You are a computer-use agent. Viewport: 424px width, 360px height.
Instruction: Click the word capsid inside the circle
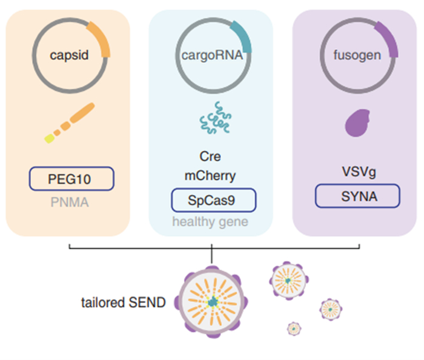point(69,56)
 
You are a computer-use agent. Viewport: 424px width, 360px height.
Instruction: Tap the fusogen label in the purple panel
point(357,56)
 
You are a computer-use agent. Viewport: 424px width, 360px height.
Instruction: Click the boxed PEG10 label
point(71,179)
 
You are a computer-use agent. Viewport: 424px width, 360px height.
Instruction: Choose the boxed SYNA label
point(357,196)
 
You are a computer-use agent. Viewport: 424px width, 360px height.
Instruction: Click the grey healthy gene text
point(210,222)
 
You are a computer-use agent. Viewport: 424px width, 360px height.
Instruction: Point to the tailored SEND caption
point(123,302)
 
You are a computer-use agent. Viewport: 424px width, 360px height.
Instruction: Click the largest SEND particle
point(212,301)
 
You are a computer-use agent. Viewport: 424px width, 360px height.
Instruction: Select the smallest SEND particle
point(294,328)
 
